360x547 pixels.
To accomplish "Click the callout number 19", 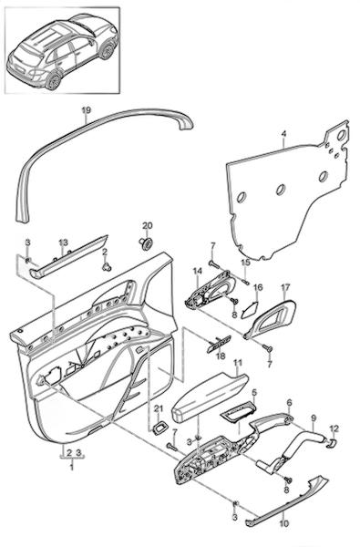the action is click(x=87, y=110).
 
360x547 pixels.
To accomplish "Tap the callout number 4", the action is click(x=283, y=134).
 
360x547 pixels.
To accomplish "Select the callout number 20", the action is click(x=148, y=226).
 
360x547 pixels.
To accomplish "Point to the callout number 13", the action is click(x=63, y=243).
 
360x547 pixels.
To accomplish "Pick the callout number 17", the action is click(x=285, y=288).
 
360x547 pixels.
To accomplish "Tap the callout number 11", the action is click(x=238, y=363).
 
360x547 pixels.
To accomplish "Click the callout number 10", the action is click(x=284, y=523).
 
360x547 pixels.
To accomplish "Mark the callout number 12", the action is click(x=334, y=428).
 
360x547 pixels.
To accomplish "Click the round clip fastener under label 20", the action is click(x=147, y=243).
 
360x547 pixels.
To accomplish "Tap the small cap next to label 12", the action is click(x=332, y=443).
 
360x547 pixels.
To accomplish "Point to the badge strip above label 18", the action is click(x=219, y=344).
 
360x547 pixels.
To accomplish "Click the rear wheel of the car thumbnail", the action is click(x=54, y=81).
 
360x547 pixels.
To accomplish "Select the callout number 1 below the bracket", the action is click(x=72, y=466).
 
